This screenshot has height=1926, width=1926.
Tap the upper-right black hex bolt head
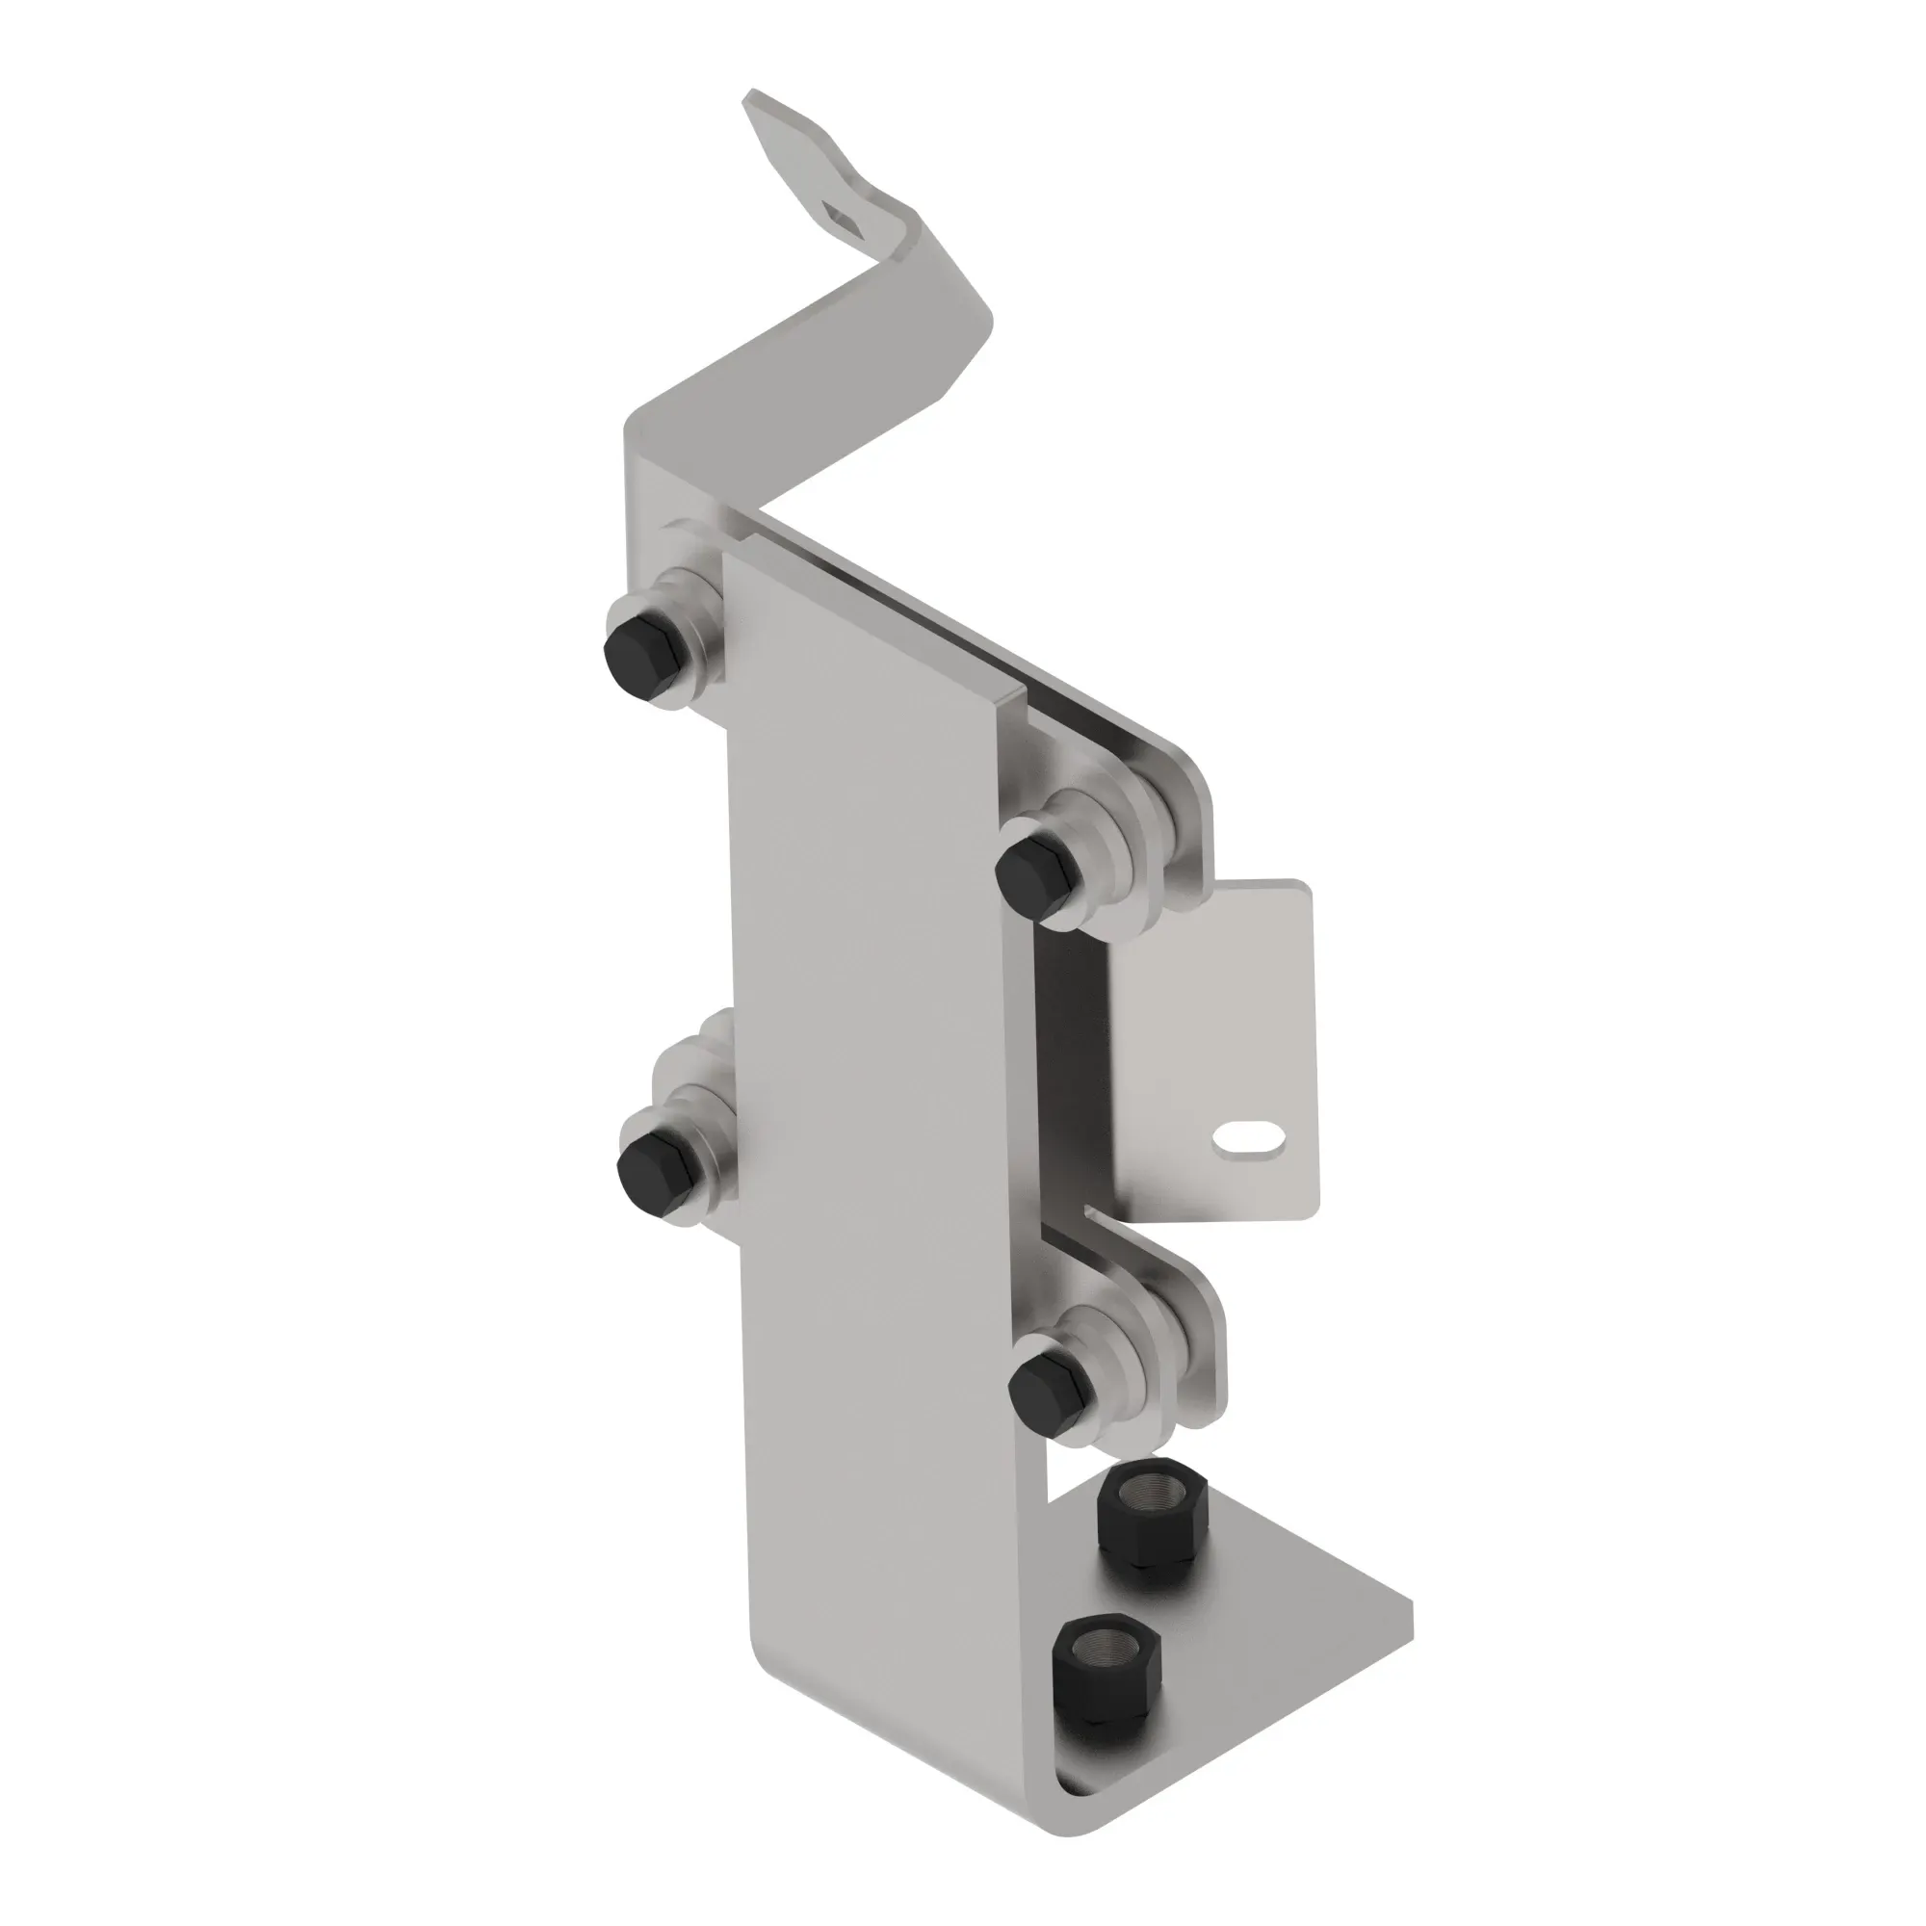[1037, 872]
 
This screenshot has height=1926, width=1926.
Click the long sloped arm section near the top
[827, 389]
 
